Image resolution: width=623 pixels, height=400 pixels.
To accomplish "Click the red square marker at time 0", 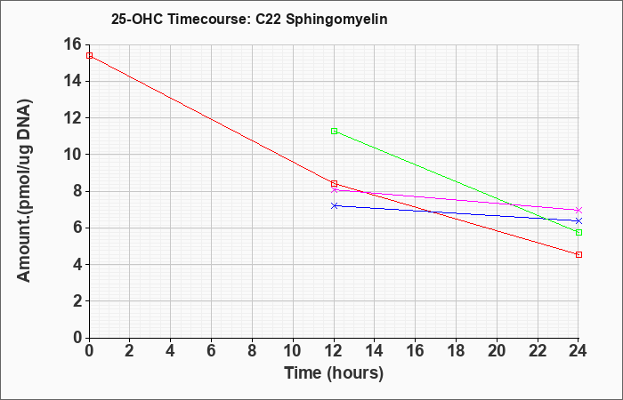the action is [89, 55].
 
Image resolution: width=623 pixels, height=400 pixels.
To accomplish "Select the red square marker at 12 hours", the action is [334, 184].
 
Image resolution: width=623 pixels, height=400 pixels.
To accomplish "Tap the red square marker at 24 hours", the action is [578, 254].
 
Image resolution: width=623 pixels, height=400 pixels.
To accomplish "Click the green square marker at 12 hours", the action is [334, 132].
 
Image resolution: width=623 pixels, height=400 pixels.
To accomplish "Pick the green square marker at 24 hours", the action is [578, 233].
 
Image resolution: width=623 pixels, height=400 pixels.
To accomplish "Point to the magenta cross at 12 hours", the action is [334, 190].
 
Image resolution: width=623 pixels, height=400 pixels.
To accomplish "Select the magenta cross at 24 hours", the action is [578, 210].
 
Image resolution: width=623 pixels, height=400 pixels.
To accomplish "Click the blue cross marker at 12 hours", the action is [334, 205].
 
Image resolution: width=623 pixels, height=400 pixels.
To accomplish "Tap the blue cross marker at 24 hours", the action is [578, 220].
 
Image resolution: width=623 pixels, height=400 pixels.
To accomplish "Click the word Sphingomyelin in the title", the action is [336, 20].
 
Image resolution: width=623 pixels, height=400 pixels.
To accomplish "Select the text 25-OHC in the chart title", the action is [137, 20].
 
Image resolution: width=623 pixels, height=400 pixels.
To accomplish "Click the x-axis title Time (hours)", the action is [334, 373].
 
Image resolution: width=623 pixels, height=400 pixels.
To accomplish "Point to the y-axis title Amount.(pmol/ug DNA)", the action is [24, 191].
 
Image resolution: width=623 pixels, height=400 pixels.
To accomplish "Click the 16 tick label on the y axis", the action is [72, 44].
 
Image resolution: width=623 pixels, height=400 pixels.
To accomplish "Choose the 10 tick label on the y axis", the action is [72, 155].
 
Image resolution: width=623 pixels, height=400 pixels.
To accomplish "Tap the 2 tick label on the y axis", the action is [77, 301].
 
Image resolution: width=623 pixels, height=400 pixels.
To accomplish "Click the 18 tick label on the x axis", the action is [456, 351].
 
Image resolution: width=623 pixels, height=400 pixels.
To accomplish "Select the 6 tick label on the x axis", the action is [212, 351].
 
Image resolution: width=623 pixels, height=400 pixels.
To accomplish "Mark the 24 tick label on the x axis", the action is [578, 351].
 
